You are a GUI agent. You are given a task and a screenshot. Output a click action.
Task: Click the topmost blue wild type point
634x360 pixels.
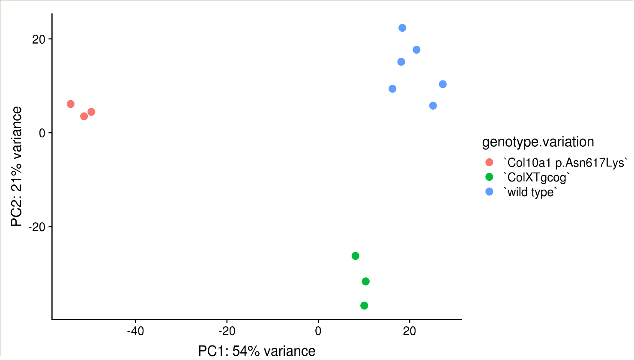pos(402,28)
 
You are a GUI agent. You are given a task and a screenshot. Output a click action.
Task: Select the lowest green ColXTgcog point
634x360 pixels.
pos(364,306)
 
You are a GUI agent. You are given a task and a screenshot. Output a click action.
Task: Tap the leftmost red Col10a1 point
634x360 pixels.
pos(71,104)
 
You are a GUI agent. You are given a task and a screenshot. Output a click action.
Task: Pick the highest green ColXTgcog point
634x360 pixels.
pos(355,256)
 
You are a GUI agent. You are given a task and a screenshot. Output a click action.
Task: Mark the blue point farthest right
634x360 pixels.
pos(443,84)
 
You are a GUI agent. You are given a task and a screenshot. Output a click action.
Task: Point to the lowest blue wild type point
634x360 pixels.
pos(433,106)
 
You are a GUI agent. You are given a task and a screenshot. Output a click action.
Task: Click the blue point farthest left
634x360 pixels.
pos(392,89)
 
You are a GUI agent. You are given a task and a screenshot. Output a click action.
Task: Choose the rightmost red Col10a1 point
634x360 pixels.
pos(91,112)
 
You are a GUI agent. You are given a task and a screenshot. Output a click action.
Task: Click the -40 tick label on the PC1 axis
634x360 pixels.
pos(135,331)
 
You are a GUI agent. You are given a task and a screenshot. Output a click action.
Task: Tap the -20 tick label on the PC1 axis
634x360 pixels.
pos(227,331)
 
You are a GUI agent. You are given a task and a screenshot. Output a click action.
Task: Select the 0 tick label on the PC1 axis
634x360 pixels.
pos(318,331)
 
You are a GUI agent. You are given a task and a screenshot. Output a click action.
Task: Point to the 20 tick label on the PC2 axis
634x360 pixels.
pos(39,39)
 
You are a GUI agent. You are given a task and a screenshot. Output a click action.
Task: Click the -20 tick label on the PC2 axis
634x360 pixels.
pos(37,227)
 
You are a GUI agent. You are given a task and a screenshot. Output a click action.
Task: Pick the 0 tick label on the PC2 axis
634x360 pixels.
pos(42,133)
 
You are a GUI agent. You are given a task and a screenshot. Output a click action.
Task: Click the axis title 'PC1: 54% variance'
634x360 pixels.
pos(257,351)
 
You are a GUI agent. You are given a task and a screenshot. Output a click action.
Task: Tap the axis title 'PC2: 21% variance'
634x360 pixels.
pos(17,167)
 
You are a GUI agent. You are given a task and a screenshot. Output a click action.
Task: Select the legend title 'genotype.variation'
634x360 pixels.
pos(538,142)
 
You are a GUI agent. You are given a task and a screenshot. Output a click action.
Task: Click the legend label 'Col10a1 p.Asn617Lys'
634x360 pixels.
pos(565,163)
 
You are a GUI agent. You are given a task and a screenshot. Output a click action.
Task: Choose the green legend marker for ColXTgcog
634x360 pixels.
pos(489,177)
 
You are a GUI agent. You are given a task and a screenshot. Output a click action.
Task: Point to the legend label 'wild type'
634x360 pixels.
pos(531,192)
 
